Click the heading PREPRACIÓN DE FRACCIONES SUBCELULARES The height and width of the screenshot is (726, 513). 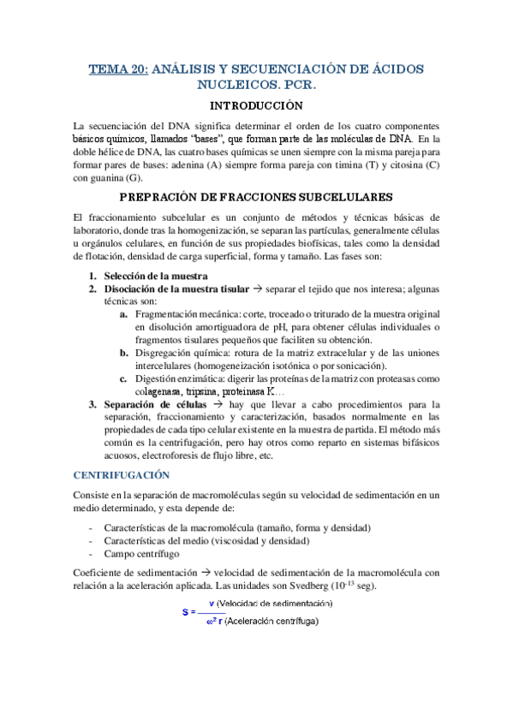(x=257, y=196)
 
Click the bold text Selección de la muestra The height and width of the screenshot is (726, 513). (x=156, y=276)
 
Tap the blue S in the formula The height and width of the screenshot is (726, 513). (x=185, y=612)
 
